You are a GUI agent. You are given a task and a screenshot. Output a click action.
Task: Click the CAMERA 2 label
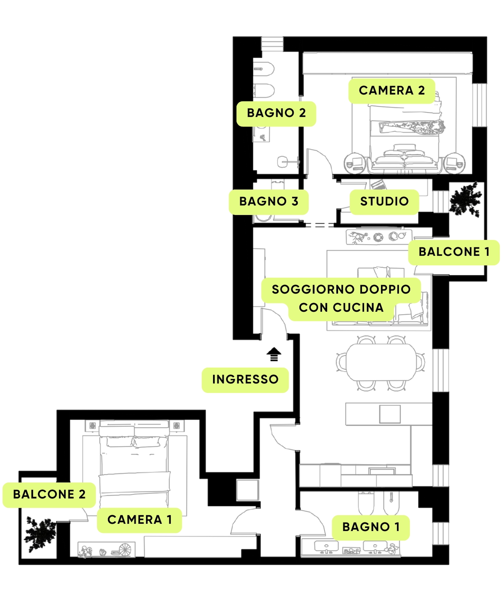point(392,91)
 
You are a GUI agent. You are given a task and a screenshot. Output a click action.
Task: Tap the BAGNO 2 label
point(276,113)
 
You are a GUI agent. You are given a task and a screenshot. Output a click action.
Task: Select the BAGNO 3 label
point(269,202)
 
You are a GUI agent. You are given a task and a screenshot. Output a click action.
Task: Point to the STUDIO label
point(384,202)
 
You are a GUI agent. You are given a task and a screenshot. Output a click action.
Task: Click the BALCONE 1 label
point(454,252)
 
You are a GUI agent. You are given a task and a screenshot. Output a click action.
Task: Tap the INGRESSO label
point(245,380)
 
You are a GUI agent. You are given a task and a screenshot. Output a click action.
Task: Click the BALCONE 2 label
point(49,495)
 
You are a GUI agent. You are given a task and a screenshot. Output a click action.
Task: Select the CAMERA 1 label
point(139,520)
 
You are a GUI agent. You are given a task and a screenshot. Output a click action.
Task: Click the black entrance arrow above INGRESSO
point(274,354)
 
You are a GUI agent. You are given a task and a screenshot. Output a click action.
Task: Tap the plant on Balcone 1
point(465,199)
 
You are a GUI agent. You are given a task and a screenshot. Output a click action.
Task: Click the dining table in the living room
point(381,362)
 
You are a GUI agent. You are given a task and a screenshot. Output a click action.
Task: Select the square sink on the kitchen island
point(390,414)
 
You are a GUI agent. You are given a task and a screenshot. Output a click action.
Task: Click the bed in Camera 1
point(134,464)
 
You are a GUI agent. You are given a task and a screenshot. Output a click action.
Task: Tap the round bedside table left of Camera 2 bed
point(354,164)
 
